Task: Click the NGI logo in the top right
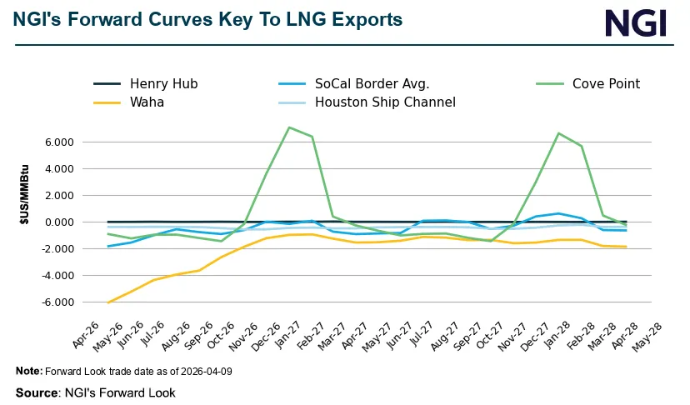[636, 22]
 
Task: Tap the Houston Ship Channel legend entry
[385, 102]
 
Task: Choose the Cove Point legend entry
[606, 83]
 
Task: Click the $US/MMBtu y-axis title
[25, 222]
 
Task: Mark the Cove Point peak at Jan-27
[288, 127]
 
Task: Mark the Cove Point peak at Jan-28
[558, 133]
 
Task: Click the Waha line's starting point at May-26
[108, 302]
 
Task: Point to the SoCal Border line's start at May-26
[108, 246]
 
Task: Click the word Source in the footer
[36, 392]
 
